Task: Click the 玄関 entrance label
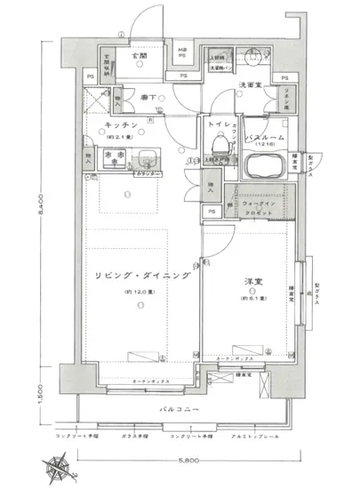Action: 140,56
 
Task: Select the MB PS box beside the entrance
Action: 181,52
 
